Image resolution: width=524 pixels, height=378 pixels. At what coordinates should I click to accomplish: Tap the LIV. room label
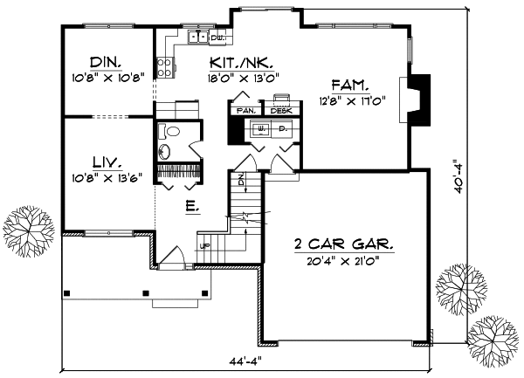107,161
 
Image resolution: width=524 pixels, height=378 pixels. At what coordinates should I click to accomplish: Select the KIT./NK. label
244,64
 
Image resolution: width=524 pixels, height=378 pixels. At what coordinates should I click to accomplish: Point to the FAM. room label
349,86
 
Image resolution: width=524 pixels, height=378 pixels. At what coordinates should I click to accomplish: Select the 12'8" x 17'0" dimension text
349,100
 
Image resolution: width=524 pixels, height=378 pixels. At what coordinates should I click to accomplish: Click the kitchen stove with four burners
164,65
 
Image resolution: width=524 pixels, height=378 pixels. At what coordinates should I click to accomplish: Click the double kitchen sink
198,38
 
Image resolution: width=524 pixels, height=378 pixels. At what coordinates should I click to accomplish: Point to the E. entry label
191,207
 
